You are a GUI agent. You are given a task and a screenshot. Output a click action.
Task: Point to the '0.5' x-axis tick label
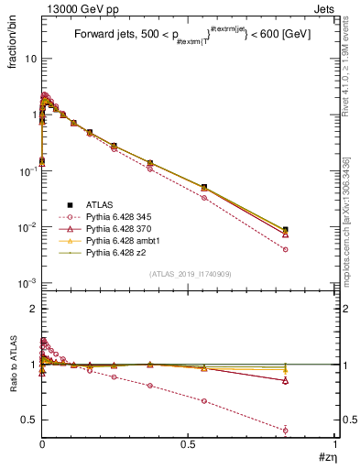tap(188, 443)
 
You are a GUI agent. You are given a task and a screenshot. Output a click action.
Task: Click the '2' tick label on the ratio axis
tap(33, 310)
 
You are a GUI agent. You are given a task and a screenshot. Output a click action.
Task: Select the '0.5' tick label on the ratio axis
tap(28, 420)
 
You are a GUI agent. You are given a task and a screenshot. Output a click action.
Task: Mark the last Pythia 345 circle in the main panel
tap(285, 249)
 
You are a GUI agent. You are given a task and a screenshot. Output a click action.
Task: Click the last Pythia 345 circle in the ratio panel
tap(285, 430)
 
